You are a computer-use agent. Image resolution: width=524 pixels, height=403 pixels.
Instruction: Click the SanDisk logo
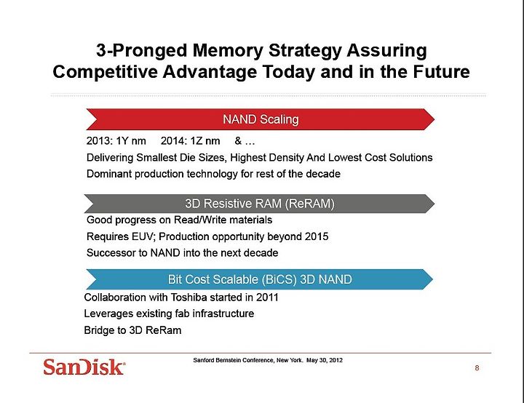84,367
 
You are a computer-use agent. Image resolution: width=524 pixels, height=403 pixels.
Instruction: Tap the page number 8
477,368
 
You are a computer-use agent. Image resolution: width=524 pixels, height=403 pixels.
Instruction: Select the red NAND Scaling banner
261,119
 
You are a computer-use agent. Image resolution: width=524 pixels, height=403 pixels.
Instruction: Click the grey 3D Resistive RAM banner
259,204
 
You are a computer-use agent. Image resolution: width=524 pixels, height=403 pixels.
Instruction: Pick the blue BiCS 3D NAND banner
260,279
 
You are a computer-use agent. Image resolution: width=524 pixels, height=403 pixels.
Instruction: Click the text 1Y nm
131,140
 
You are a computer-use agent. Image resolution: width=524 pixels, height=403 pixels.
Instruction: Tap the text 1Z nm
205,140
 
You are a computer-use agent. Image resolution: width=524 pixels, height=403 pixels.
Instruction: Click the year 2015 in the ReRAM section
317,236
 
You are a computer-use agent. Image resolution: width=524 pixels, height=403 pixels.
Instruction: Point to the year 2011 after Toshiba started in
267,297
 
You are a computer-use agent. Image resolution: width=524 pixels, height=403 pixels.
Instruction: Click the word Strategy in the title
305,51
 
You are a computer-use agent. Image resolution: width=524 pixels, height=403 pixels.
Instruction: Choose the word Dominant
109,174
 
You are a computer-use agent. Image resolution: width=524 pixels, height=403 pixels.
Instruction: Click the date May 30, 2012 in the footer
324,360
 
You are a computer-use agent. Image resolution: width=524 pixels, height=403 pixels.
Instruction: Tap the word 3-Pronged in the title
141,51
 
